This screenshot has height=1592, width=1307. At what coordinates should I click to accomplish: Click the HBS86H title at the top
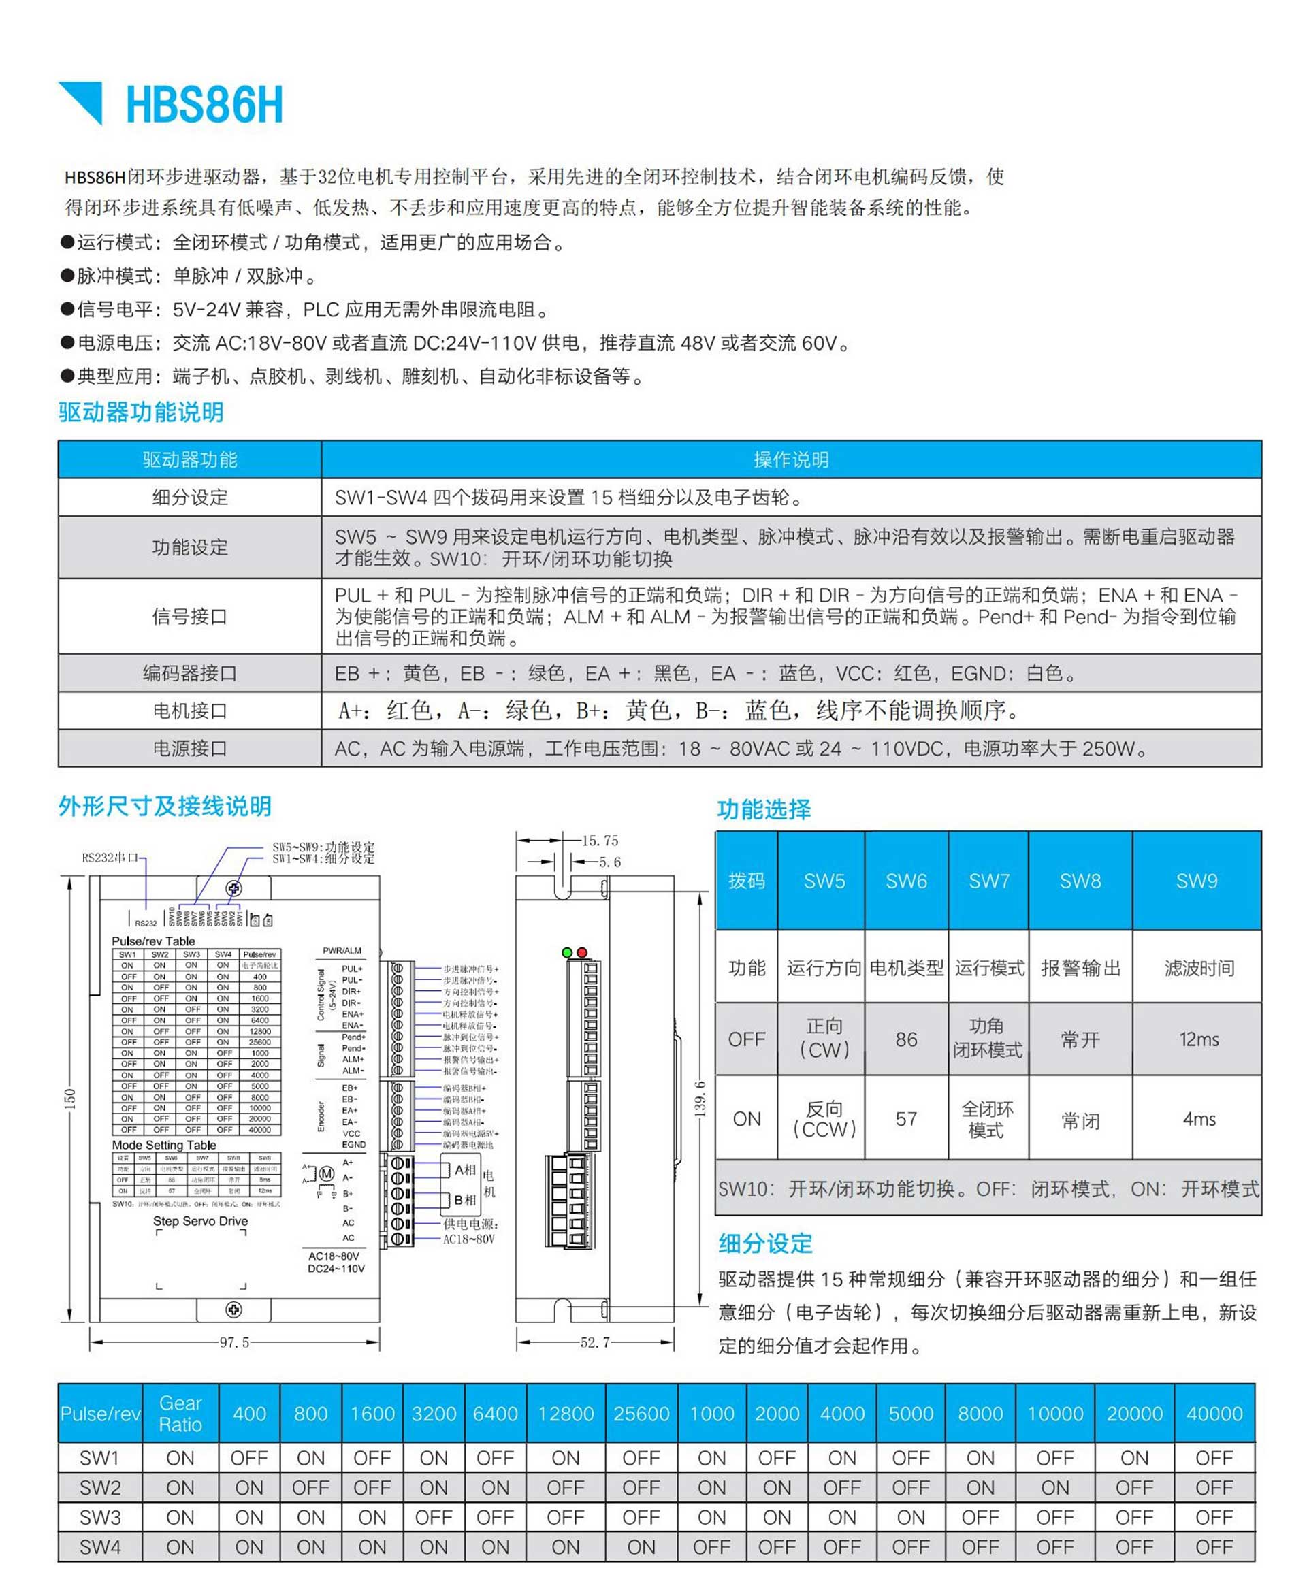click(x=204, y=105)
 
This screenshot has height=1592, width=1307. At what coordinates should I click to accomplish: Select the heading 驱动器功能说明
click(x=141, y=412)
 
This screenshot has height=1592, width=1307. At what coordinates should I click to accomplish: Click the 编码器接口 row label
click(x=190, y=673)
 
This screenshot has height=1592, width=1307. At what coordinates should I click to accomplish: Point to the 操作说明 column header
click(x=790, y=459)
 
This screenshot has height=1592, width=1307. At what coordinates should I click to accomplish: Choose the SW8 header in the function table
click(x=1080, y=881)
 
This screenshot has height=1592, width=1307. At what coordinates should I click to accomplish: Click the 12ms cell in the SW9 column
click(x=1199, y=1039)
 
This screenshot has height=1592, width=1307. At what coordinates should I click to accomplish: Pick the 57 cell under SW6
click(x=906, y=1119)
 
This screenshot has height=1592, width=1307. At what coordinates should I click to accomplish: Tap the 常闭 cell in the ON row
click(x=1080, y=1121)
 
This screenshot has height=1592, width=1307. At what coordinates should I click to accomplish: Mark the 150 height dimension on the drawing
click(x=70, y=1099)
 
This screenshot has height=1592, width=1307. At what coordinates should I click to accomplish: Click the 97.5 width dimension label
click(x=234, y=1342)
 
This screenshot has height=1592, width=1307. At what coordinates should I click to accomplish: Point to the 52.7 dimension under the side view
click(x=595, y=1342)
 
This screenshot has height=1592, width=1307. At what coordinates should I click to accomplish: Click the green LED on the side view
click(x=567, y=953)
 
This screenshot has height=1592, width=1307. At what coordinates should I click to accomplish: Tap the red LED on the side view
click(x=581, y=953)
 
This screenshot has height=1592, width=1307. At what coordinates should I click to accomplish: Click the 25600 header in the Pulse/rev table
click(x=641, y=1414)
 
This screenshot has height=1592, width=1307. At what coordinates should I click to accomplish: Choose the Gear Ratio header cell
click(x=180, y=1414)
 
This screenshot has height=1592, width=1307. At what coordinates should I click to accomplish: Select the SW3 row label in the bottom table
click(x=100, y=1516)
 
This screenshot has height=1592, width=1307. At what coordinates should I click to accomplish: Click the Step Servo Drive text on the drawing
click(x=200, y=1221)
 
